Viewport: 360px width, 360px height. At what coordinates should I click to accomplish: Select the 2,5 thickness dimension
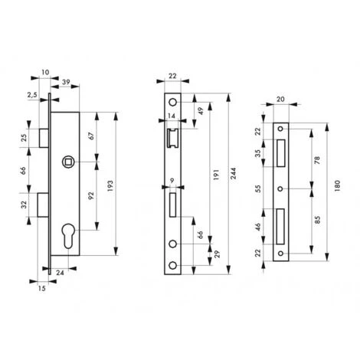33,95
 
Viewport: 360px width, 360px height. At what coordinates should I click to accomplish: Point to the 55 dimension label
259,188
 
